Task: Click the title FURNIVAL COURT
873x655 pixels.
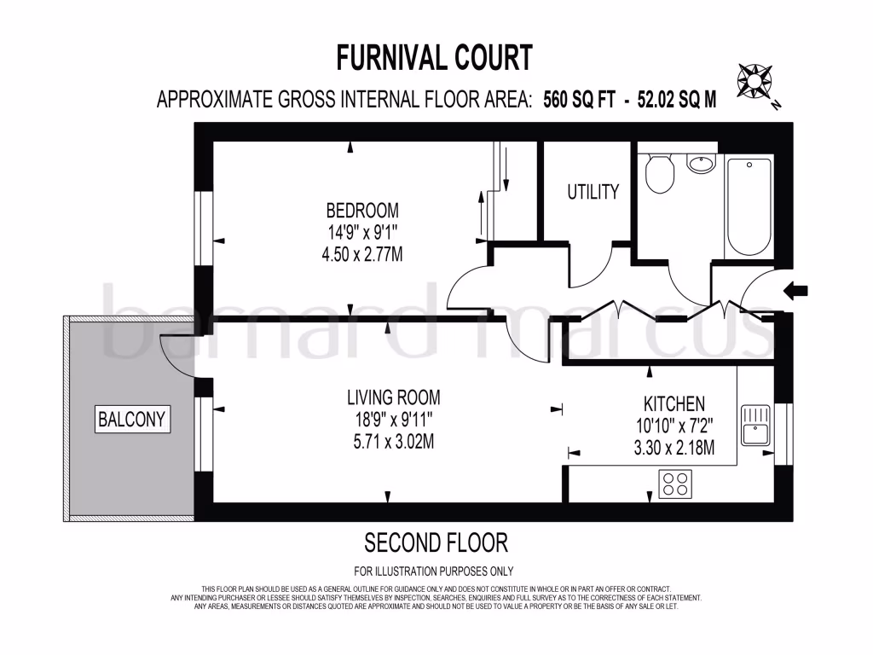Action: [x=435, y=58]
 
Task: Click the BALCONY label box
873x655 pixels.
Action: [x=131, y=420]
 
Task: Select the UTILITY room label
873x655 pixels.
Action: [x=593, y=192]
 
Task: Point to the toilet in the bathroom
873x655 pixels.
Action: [x=659, y=173]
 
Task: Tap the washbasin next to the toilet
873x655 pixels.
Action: [x=702, y=163]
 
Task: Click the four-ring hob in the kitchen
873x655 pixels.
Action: [x=674, y=484]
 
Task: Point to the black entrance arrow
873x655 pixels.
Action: [x=796, y=292]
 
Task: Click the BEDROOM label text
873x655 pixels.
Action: [x=362, y=210]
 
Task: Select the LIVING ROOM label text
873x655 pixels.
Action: [x=393, y=397]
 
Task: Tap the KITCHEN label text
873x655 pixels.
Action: [x=674, y=403]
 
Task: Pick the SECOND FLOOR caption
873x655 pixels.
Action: [x=436, y=542]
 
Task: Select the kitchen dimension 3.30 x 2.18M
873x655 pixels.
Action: [x=674, y=447]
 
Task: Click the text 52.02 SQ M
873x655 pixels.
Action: [x=673, y=99]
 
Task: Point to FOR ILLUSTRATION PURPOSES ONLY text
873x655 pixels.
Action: [x=434, y=571]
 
